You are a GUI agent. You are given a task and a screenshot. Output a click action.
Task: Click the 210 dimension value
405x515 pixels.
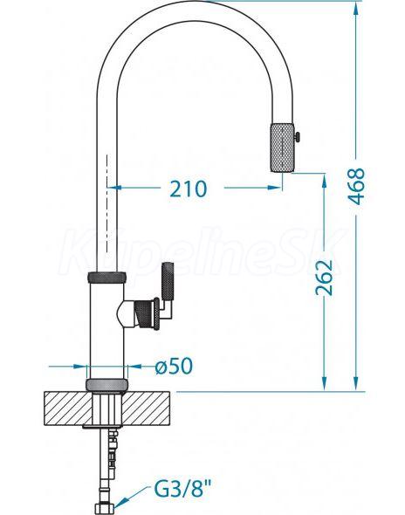click(189, 189)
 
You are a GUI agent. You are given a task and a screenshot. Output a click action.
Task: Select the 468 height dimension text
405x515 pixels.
click(357, 186)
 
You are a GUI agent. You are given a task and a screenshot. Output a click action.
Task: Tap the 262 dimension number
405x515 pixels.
click(324, 278)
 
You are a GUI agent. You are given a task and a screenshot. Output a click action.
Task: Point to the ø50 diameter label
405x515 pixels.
click(174, 366)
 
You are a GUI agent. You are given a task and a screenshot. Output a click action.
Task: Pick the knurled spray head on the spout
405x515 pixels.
click(282, 148)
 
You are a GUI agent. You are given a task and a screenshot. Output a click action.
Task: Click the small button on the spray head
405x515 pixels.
click(297, 137)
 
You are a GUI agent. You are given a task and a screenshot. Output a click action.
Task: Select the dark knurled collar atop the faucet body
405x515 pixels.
click(107, 277)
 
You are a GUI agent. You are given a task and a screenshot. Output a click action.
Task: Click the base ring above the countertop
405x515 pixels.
click(106, 384)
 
